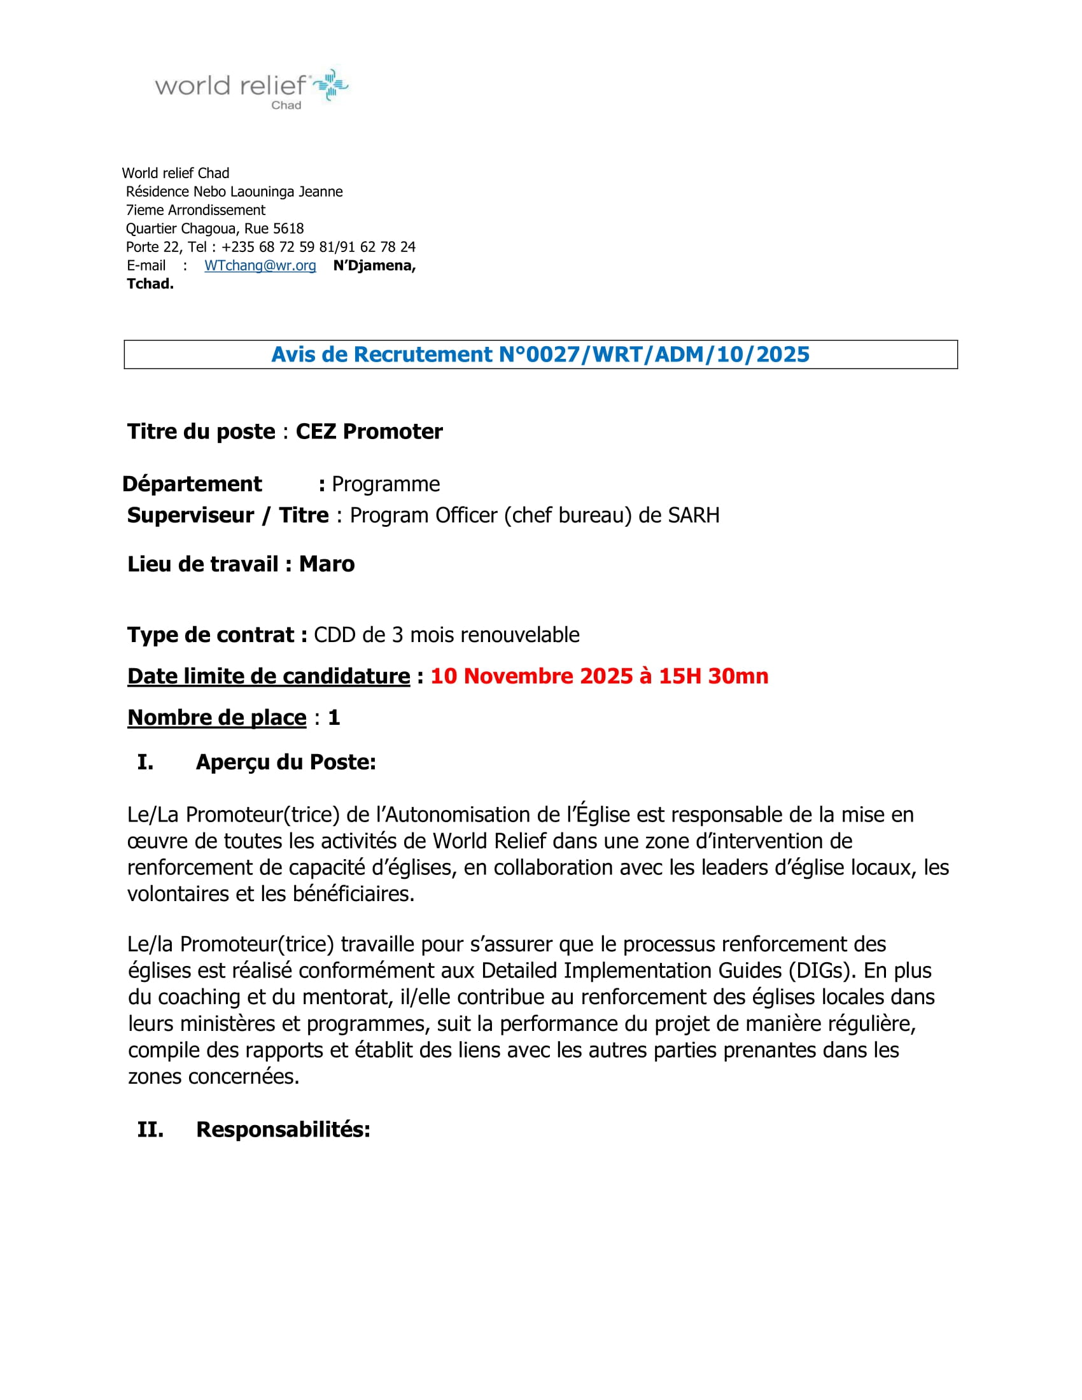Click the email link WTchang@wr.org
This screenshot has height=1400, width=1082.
pos(260,265)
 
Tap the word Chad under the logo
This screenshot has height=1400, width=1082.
pos(286,105)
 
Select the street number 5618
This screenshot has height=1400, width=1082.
pos(288,229)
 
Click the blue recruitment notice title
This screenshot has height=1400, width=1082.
pos(540,354)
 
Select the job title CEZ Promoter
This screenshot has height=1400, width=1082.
pos(369,431)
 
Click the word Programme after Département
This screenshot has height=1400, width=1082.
pos(385,484)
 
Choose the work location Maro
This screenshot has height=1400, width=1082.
pos(327,564)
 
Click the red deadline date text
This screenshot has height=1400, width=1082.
pos(600,676)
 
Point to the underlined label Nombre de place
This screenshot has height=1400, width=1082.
pos(216,717)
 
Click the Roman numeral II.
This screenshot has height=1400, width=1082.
pos(150,1130)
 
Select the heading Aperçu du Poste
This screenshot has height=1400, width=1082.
pos(286,762)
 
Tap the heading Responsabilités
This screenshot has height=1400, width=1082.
pos(283,1130)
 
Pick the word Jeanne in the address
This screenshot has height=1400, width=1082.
pos(321,192)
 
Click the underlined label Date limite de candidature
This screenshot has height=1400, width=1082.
pos(269,676)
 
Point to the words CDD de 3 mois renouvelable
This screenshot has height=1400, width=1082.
pos(446,634)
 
